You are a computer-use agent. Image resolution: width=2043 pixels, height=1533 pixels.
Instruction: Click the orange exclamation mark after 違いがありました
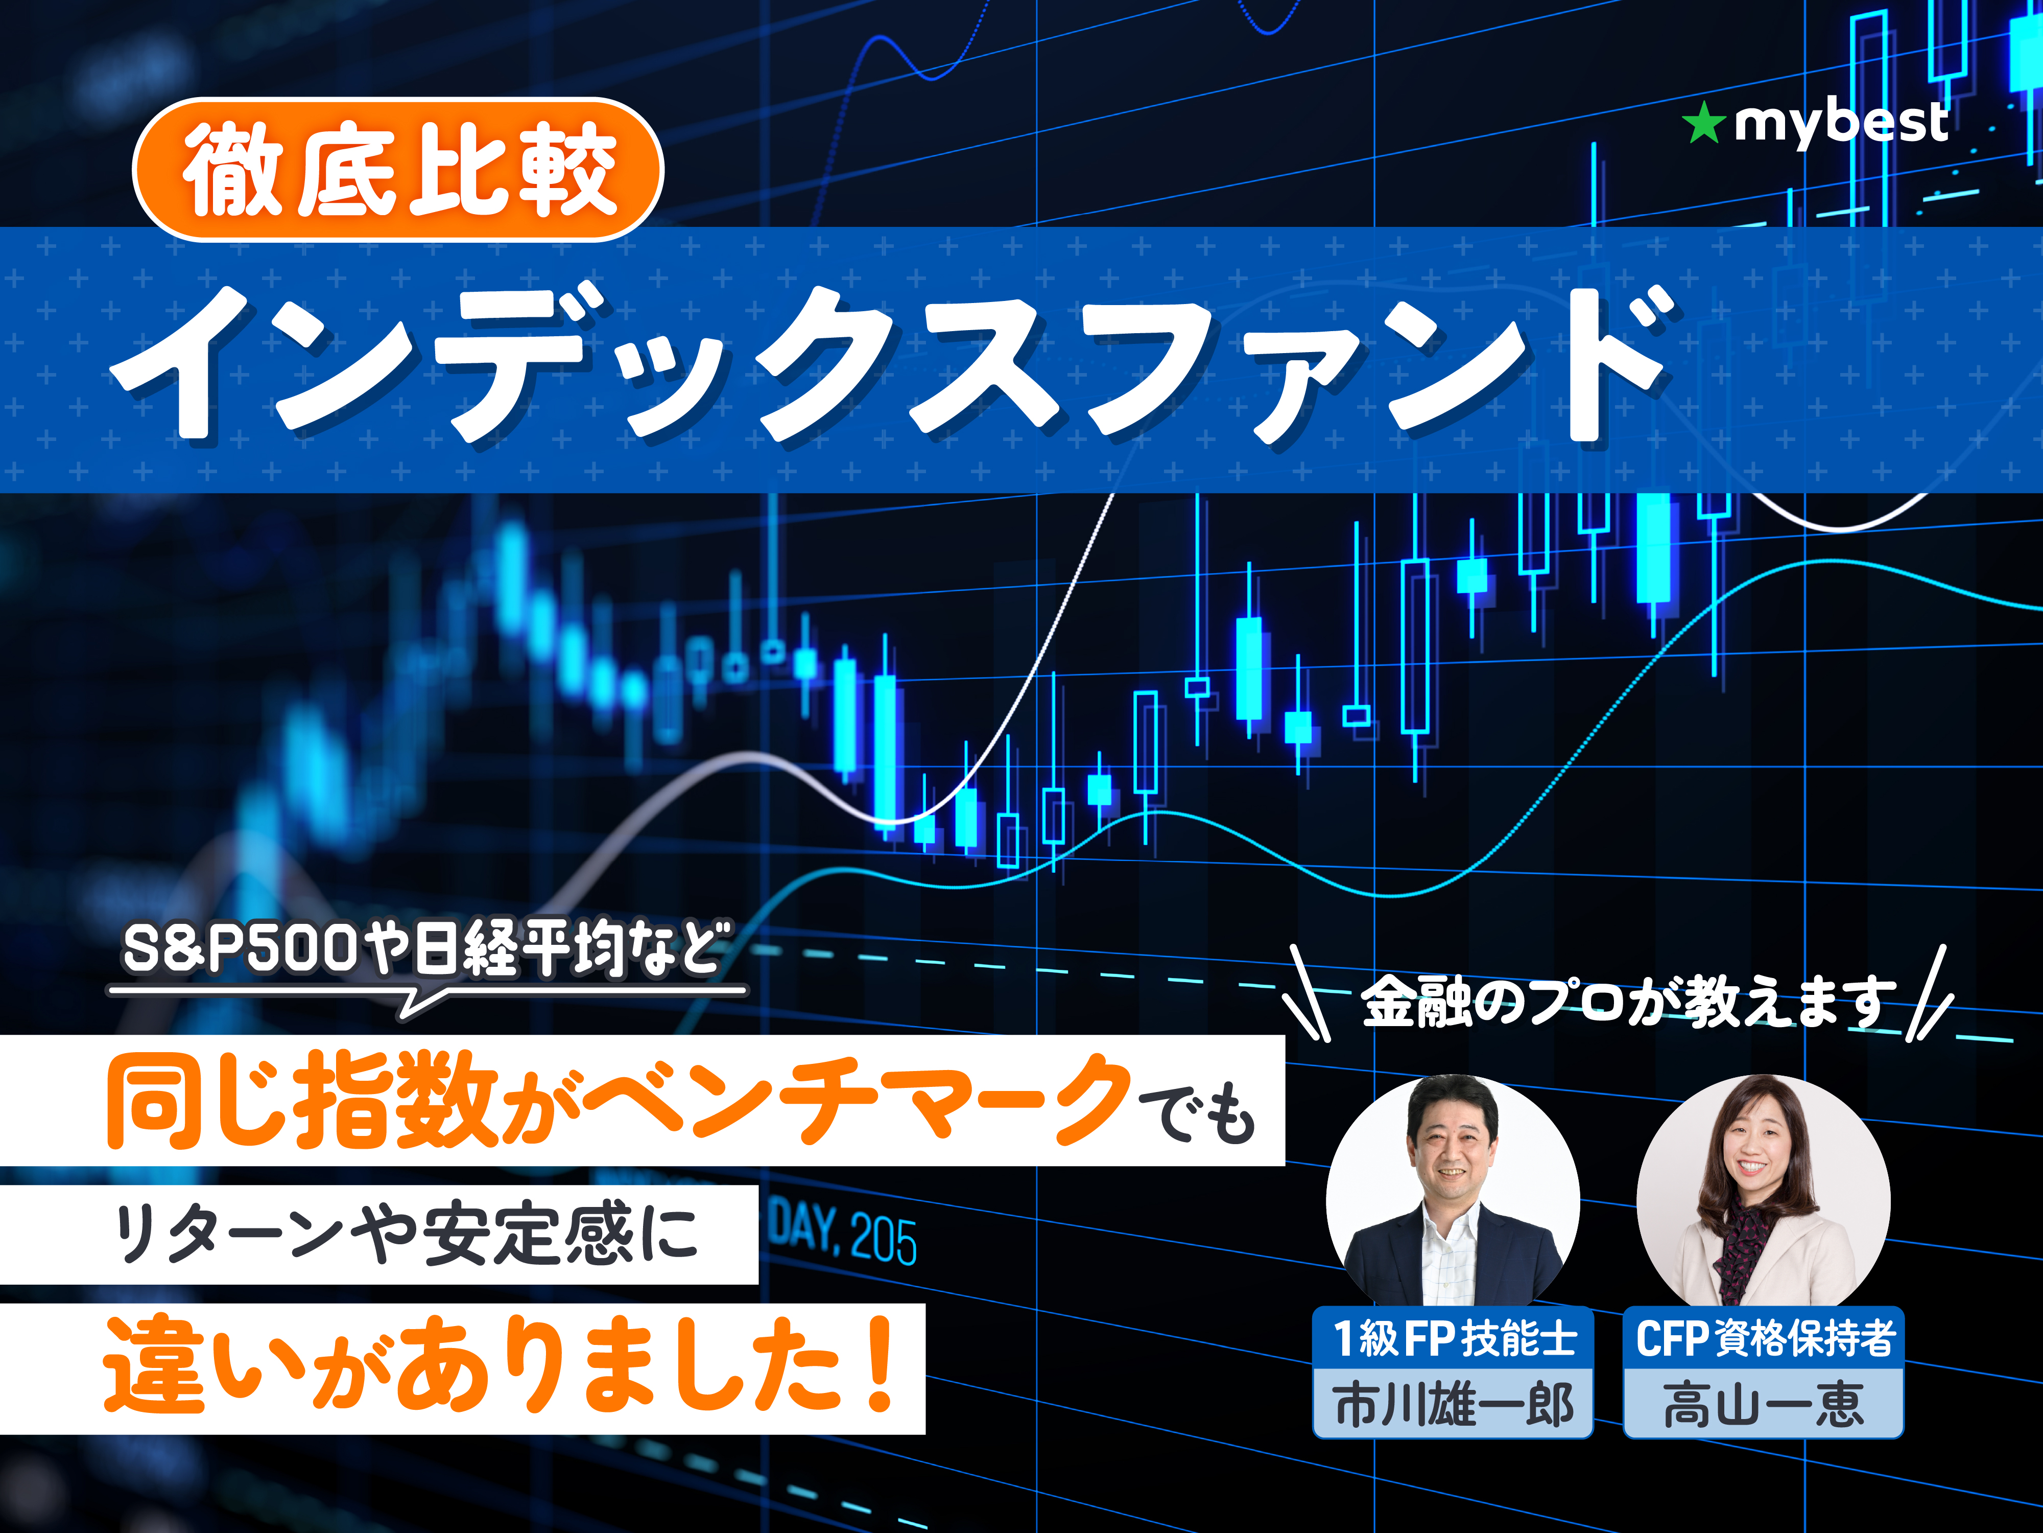point(880,1363)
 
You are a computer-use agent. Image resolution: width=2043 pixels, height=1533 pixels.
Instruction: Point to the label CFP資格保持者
point(1764,1337)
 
